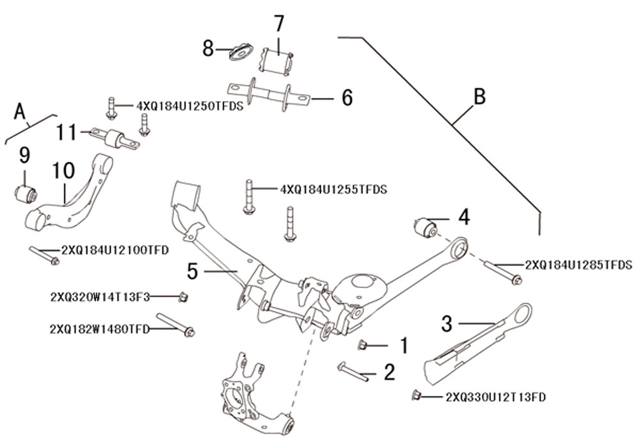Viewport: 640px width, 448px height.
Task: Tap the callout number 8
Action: pyautogui.click(x=208, y=48)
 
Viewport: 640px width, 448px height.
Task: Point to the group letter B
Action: pyautogui.click(x=479, y=97)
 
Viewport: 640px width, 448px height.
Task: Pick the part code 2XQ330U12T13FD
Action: pyautogui.click(x=495, y=397)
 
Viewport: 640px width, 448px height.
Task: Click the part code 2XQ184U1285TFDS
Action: pyautogui.click(x=578, y=264)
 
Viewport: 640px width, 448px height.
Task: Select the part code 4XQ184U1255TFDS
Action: pyautogui.click(x=333, y=189)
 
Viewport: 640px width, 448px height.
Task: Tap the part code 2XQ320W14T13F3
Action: pyautogui.click(x=99, y=297)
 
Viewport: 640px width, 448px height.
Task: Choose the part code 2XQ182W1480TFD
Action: pyautogui.click(x=99, y=329)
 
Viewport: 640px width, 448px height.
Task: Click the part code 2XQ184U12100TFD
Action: pyautogui.click(x=115, y=250)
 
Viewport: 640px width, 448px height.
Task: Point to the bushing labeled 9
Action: pyautogui.click(x=26, y=191)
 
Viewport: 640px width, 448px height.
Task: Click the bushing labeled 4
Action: pyautogui.click(x=426, y=227)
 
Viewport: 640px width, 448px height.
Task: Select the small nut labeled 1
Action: pyautogui.click(x=362, y=346)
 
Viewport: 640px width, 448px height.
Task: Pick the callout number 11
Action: pyautogui.click(x=65, y=133)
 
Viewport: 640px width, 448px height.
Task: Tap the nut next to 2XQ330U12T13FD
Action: pyautogui.click(x=416, y=395)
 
